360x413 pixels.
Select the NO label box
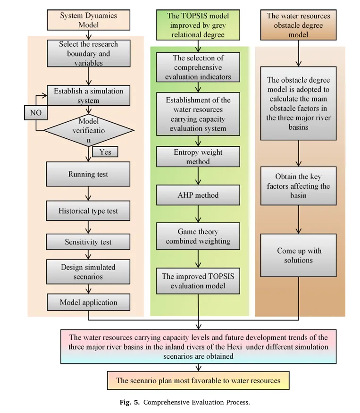[35, 113]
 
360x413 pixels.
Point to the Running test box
[88, 174]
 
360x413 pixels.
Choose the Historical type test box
[88, 211]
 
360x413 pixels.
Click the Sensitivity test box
[88, 242]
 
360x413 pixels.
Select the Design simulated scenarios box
[88, 272]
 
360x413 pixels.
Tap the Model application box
[88, 303]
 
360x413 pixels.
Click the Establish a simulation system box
[89, 96]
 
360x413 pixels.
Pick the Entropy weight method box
[198, 157]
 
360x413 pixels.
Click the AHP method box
[198, 194]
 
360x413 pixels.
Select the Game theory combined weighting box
[198, 236]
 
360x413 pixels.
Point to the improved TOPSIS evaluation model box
[198, 281]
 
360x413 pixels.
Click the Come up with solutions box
[298, 255]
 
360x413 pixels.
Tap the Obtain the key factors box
[298, 185]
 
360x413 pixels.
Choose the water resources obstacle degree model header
[298, 25]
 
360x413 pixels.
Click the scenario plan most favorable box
[198, 380]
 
